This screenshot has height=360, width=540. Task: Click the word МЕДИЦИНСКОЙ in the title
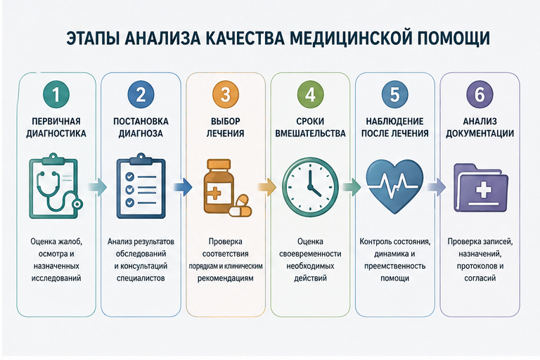pyautogui.click(x=351, y=38)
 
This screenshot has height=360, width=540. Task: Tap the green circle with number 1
pyautogui.click(x=56, y=94)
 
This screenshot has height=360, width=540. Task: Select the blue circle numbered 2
pyautogui.click(x=141, y=94)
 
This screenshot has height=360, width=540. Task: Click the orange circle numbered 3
pyautogui.click(x=226, y=94)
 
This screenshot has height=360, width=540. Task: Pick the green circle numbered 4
pyautogui.click(x=310, y=94)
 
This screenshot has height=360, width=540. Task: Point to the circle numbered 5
pyautogui.click(x=395, y=94)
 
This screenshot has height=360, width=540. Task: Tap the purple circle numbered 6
pyautogui.click(x=480, y=94)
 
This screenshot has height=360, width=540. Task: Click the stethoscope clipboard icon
pyautogui.click(x=56, y=186)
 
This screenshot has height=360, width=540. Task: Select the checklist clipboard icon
pyautogui.click(x=141, y=186)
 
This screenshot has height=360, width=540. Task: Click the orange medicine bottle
pyautogui.click(x=219, y=186)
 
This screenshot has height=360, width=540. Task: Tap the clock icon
pyautogui.click(x=310, y=187)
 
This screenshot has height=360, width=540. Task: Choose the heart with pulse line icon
pyautogui.click(x=394, y=186)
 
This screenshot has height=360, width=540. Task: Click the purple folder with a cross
pyautogui.click(x=481, y=188)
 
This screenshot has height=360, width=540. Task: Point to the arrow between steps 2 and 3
pyautogui.click(x=183, y=187)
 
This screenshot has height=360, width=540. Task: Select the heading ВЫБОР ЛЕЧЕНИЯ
pyautogui.click(x=225, y=127)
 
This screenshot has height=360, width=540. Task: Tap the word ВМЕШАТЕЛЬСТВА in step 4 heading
pyautogui.click(x=310, y=134)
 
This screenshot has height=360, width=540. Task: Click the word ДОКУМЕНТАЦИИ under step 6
pyautogui.click(x=480, y=134)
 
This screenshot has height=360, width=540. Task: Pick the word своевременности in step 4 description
pyautogui.click(x=310, y=254)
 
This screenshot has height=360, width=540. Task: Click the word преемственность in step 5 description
pyautogui.click(x=394, y=266)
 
